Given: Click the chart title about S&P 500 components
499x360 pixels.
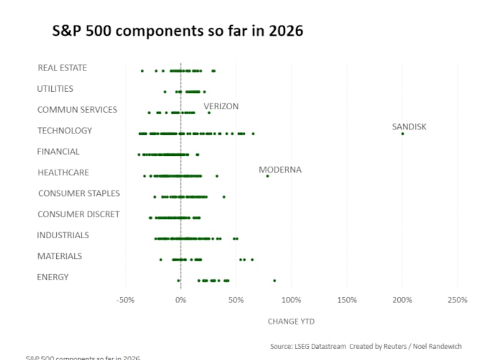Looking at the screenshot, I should pos(178,31).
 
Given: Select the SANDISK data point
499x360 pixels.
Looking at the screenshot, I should pos(402,134).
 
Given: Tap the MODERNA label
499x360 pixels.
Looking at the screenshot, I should pos(280,170).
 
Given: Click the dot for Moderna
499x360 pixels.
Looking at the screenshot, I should pos(268,176).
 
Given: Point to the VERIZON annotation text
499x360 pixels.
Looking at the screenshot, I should pos(221,107).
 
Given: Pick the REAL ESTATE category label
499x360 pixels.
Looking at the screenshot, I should pos(62,68).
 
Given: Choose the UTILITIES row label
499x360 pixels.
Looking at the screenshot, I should pos(55,89).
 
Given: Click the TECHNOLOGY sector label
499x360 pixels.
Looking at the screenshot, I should pos(64,130).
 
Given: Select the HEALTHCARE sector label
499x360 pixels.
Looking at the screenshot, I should pos(63,172).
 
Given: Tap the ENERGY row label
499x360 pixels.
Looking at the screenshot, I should pos(52,277).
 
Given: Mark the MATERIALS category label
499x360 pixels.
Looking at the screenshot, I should pos(59,256).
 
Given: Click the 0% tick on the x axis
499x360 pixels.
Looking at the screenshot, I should pos(181,300).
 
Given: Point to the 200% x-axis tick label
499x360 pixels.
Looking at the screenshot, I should pos(402,300).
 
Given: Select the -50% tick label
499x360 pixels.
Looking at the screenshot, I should pos(125,300).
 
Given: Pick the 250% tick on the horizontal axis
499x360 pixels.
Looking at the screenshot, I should pos(457,300).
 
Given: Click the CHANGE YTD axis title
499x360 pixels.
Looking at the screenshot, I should pos(291,321).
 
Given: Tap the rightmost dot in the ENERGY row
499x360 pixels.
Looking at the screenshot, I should pos(274,281).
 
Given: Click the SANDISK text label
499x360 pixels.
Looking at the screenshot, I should pos(409,127).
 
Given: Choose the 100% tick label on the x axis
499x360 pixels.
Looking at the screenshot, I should pos(291,300).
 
